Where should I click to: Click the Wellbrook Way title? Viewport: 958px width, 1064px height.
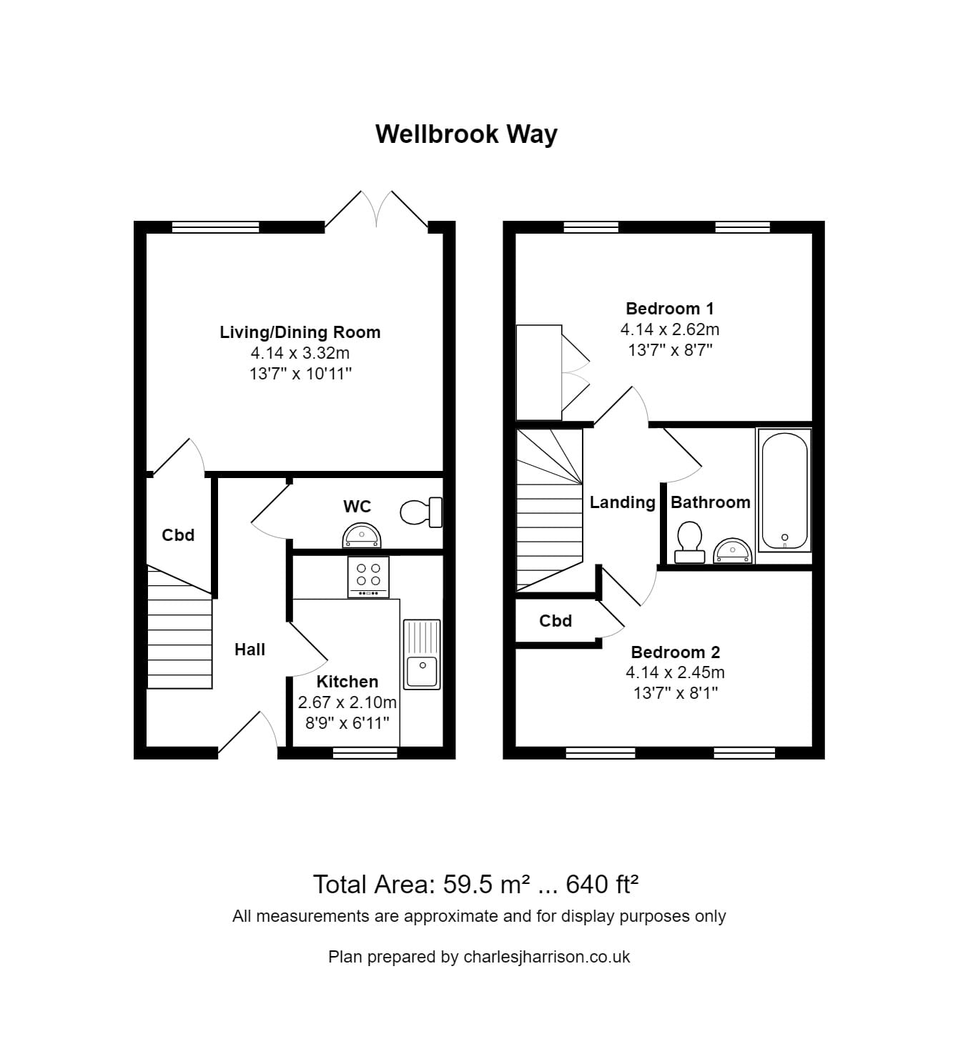[466, 134]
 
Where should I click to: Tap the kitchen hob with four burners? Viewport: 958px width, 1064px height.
[368, 576]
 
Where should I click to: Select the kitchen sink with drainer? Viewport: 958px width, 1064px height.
[422, 655]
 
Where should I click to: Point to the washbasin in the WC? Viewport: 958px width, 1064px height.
[362, 535]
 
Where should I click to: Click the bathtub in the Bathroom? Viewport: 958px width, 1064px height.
[784, 490]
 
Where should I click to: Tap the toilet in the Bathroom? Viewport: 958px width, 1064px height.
[689, 541]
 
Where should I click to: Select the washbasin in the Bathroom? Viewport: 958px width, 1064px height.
[732, 550]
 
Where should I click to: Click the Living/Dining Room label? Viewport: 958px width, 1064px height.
[300, 332]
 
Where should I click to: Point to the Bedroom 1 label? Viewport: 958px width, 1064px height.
[669, 309]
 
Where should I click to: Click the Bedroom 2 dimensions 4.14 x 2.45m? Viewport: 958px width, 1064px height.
[675, 672]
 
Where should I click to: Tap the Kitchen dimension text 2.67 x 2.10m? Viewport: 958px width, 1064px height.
[347, 702]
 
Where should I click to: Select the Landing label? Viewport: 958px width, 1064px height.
[622, 502]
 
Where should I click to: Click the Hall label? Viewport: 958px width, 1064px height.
[250, 650]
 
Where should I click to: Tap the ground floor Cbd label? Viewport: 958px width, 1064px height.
[178, 535]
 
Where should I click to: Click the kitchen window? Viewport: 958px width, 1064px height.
[365, 752]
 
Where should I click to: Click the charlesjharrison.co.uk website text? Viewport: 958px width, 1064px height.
[546, 957]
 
